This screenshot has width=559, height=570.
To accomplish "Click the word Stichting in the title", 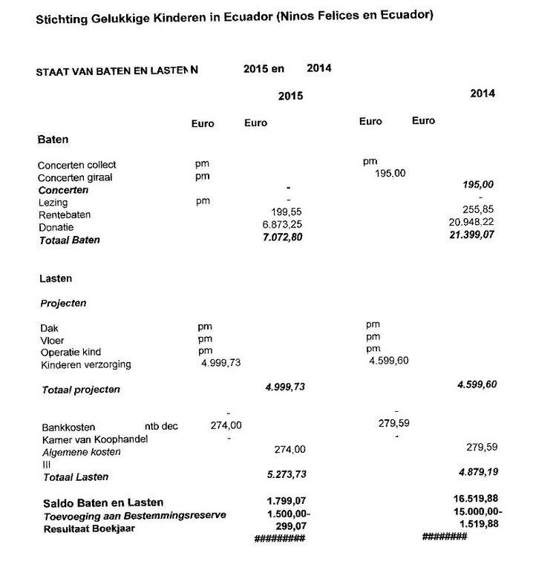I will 59,19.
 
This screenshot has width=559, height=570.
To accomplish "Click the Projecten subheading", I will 62,304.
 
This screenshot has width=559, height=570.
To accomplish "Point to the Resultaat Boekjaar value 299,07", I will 290,525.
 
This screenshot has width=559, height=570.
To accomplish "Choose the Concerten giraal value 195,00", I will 392,174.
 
